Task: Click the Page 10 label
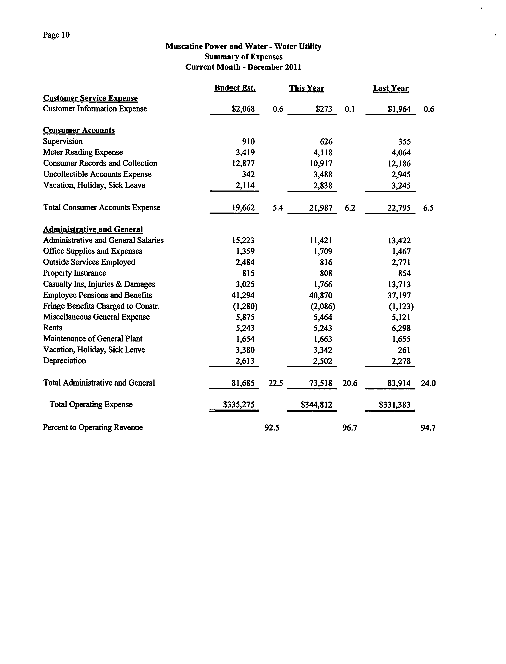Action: (x=56, y=35)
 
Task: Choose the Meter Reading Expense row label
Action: (x=83, y=152)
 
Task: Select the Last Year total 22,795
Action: (x=399, y=208)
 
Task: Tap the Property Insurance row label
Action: (x=74, y=273)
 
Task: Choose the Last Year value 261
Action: (x=404, y=350)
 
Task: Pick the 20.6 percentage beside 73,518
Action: (x=350, y=383)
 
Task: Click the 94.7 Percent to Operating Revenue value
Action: (x=428, y=428)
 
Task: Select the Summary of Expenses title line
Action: (x=243, y=57)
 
